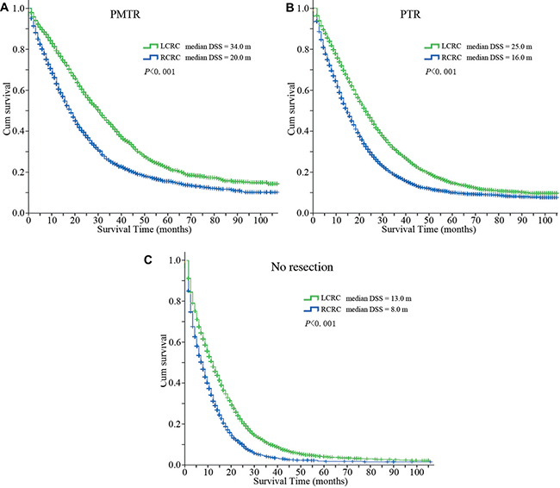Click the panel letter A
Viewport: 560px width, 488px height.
tap(6, 6)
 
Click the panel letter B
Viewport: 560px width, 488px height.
tap(287, 6)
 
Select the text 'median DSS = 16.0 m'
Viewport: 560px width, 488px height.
tap(501, 57)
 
